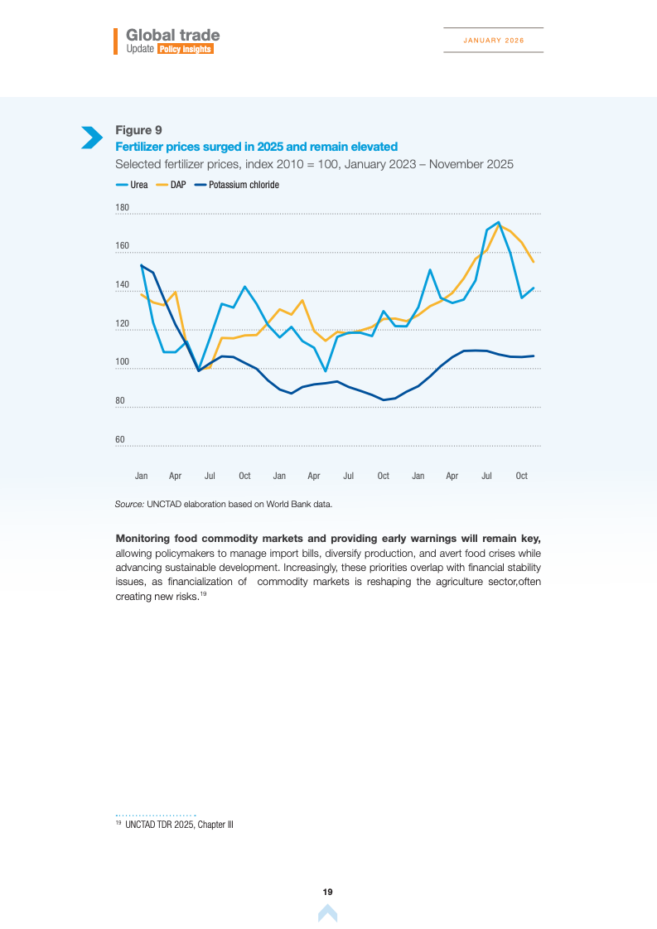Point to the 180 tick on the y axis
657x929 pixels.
[122, 207]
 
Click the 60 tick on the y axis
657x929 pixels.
[120, 439]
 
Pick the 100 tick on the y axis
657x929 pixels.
[122, 362]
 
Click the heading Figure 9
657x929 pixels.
[138, 130]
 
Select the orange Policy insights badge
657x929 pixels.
[186, 50]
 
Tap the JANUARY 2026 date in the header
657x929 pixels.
[493, 40]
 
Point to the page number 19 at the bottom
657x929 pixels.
[327, 892]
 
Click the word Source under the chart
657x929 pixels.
[128, 504]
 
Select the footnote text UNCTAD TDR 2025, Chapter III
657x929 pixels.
[179, 825]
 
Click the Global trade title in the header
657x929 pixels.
[173, 35]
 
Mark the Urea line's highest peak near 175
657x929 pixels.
[498, 222]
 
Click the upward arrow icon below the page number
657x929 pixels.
[327, 913]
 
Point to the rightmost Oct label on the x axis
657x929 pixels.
[522, 476]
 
